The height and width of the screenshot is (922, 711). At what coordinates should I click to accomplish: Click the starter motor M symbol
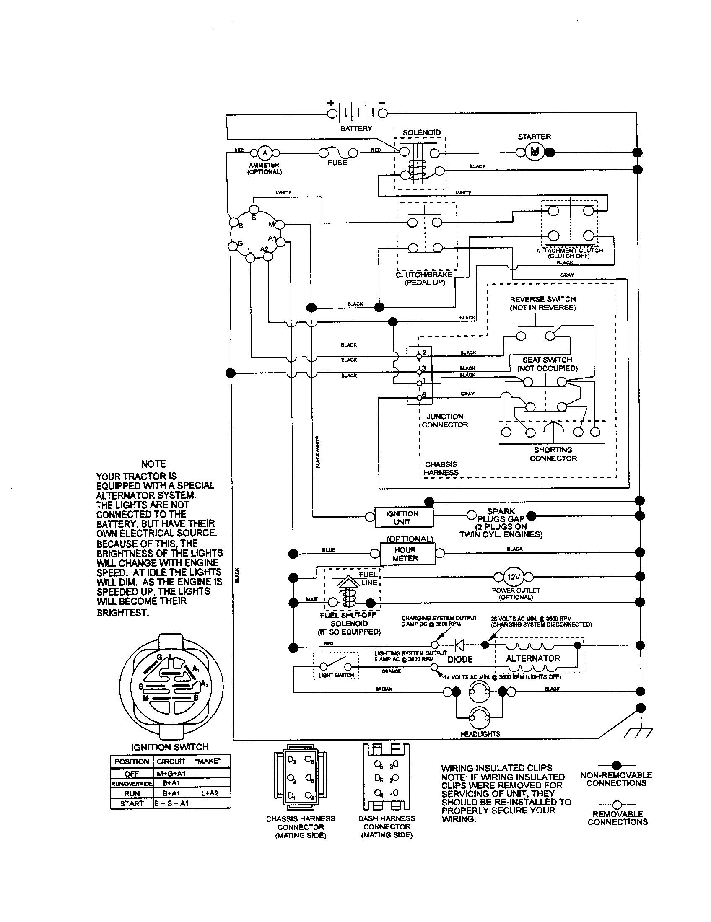click(x=535, y=152)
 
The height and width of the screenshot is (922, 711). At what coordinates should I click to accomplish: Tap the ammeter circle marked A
click(x=265, y=153)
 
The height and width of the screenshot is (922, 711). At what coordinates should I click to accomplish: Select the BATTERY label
click(x=356, y=128)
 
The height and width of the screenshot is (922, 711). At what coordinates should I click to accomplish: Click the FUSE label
click(x=337, y=163)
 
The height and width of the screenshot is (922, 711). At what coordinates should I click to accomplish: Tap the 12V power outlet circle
click(x=514, y=577)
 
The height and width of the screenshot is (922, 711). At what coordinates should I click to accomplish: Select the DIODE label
click(x=460, y=659)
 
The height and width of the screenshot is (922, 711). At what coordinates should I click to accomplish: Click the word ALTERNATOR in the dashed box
click(x=533, y=658)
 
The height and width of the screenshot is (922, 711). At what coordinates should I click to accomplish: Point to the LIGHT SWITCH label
click(x=336, y=675)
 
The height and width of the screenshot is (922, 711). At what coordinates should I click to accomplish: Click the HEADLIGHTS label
click(x=480, y=734)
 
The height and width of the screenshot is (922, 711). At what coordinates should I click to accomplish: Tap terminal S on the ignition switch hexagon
click(x=254, y=210)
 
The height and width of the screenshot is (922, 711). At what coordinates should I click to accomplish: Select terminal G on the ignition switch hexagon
click(x=233, y=246)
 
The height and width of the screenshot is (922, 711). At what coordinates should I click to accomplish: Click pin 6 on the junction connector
click(x=419, y=397)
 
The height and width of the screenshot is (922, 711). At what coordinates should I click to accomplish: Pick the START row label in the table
click(x=132, y=803)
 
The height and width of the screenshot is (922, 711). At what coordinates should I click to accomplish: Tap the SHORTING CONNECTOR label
click(x=553, y=454)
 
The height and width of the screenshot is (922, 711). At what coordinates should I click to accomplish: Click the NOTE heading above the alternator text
click(x=153, y=464)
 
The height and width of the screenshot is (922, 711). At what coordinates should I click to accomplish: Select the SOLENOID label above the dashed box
click(x=421, y=132)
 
